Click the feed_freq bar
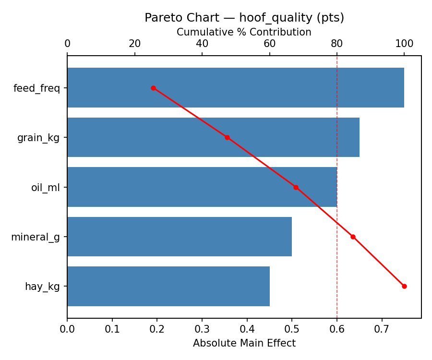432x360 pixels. tap(235, 88)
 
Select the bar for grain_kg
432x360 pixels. tap(213, 137)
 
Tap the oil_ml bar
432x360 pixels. tap(202, 187)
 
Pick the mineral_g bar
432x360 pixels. tap(180, 237)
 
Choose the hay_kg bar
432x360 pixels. tap(168, 286)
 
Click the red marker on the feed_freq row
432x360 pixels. tap(153, 88)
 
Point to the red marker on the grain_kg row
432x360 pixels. tap(227, 137)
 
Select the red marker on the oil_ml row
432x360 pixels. tap(296, 187)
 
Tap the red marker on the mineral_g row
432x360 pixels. tap(353, 237)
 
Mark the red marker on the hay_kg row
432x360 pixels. tap(404, 286)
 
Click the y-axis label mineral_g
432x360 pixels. tap(36, 237)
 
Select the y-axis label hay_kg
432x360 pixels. tap(42, 287)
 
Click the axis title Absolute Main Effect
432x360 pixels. tap(244, 343)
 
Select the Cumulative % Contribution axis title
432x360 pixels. tap(244, 32)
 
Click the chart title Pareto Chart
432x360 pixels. tap(244, 18)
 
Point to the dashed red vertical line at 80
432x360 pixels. tap(337, 144)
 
